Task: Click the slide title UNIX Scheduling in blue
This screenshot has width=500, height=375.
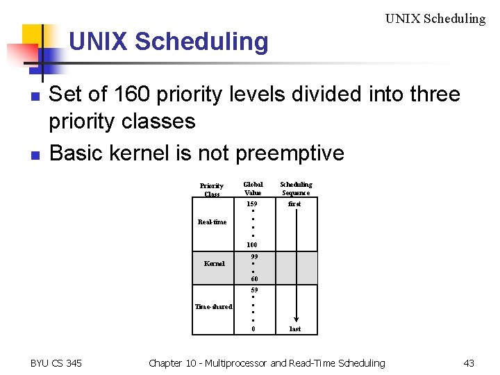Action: [168, 42]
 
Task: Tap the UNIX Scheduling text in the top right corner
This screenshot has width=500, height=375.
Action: [435, 19]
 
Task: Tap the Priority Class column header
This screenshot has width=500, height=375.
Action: [212, 190]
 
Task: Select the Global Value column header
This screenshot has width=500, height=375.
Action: [253, 188]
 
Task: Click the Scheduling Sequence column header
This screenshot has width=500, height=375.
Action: [296, 188]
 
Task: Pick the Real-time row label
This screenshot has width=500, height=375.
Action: [212, 222]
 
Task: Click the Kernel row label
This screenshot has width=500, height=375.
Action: [214, 264]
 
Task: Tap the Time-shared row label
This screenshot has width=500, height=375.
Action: [213, 306]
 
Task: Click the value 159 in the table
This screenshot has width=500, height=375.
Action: [252, 204]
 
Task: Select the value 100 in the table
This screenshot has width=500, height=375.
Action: [252, 244]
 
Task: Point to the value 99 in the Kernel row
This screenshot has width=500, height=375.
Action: [254, 256]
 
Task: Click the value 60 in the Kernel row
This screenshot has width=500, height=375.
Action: [254, 279]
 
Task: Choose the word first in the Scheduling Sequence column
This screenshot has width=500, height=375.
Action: [295, 204]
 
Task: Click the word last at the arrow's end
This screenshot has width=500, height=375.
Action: [295, 328]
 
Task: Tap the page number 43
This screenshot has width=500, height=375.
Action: [469, 362]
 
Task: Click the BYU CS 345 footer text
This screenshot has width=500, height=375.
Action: [56, 362]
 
